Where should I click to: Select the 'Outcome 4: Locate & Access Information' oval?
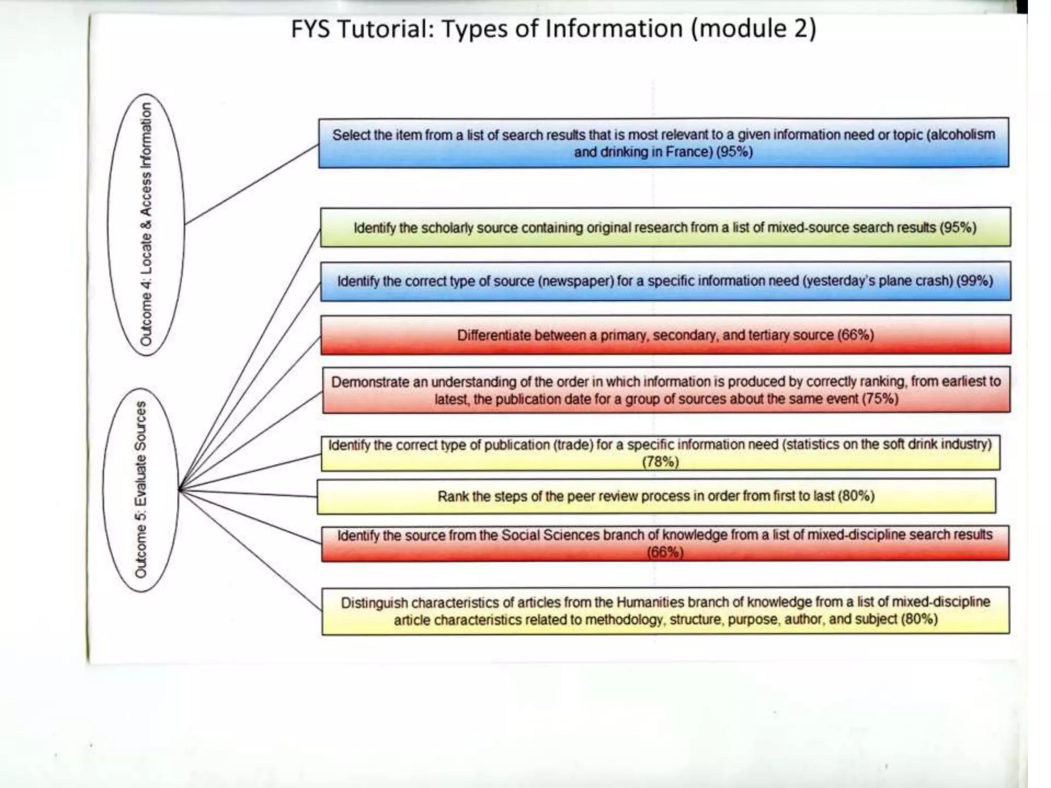click(146, 224)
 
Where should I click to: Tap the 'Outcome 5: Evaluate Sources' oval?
click(141, 490)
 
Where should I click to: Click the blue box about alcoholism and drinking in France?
click(663, 143)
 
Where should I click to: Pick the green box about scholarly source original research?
click(665, 227)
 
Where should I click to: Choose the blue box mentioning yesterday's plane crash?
click(665, 281)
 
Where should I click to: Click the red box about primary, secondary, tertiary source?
click(666, 335)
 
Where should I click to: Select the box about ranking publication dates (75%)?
click(666, 390)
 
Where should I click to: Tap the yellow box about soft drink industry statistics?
click(660, 452)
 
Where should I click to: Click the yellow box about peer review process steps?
click(656, 496)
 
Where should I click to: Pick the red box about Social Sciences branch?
click(665, 543)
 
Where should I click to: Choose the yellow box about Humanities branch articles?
click(665, 610)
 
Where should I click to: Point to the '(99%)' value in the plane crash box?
click(974, 281)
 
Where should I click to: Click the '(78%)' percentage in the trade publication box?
click(660, 462)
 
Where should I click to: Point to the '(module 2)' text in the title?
click(753, 29)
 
